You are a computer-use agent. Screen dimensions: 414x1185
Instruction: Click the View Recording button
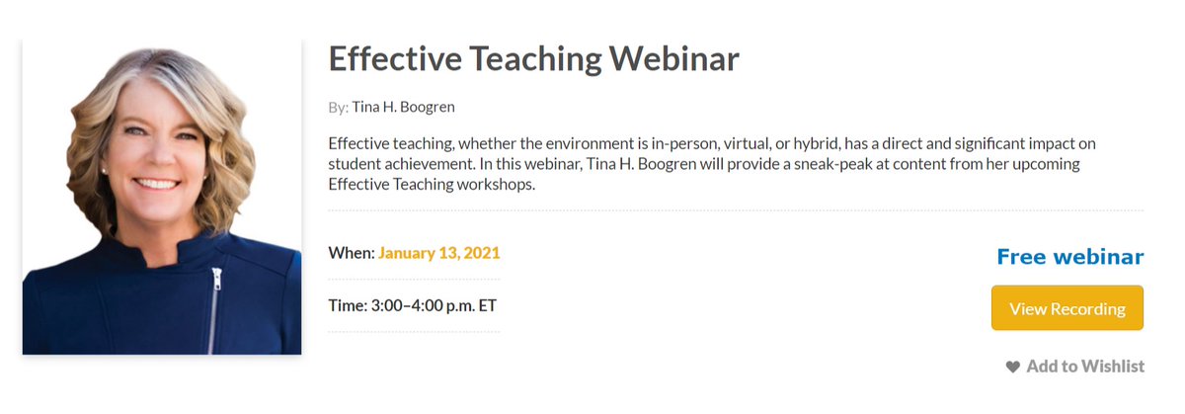pyautogui.click(x=1066, y=308)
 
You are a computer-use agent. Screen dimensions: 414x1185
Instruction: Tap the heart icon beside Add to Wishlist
pyautogui.click(x=1012, y=367)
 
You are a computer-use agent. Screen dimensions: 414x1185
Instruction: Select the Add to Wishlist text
pyautogui.click(x=1085, y=367)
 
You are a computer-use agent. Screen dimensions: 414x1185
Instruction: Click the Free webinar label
pyautogui.click(x=1069, y=257)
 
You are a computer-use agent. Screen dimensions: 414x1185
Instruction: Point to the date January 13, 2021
pyautogui.click(x=438, y=253)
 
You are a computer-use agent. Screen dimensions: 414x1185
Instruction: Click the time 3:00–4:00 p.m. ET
pyautogui.click(x=434, y=304)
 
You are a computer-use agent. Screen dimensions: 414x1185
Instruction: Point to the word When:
pyautogui.click(x=351, y=253)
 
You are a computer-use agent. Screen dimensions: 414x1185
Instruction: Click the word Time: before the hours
pyautogui.click(x=347, y=304)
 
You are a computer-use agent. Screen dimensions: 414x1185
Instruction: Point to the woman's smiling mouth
pyautogui.click(x=160, y=184)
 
